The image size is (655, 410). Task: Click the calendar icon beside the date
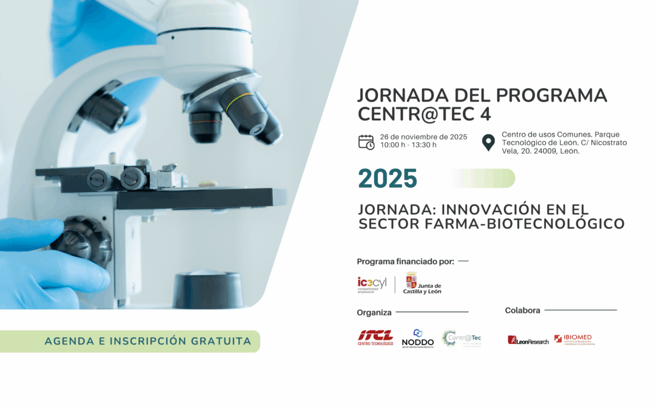[x=366, y=142]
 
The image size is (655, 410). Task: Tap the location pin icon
[x=488, y=143]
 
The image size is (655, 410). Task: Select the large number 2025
[x=388, y=179]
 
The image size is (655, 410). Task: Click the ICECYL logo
[x=372, y=284]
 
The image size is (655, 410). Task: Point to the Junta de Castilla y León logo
[x=422, y=283]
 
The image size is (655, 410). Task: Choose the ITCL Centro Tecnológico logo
[x=375, y=338]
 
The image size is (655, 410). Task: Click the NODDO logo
[x=417, y=338]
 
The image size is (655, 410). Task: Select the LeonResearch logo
[x=528, y=340]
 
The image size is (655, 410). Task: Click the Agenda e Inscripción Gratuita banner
[x=147, y=341]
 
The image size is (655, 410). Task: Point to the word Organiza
[x=374, y=313]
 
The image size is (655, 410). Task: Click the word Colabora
[x=522, y=310]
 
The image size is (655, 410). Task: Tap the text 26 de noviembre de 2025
[x=423, y=137]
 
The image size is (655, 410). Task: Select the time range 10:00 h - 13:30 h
[x=408, y=145]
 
